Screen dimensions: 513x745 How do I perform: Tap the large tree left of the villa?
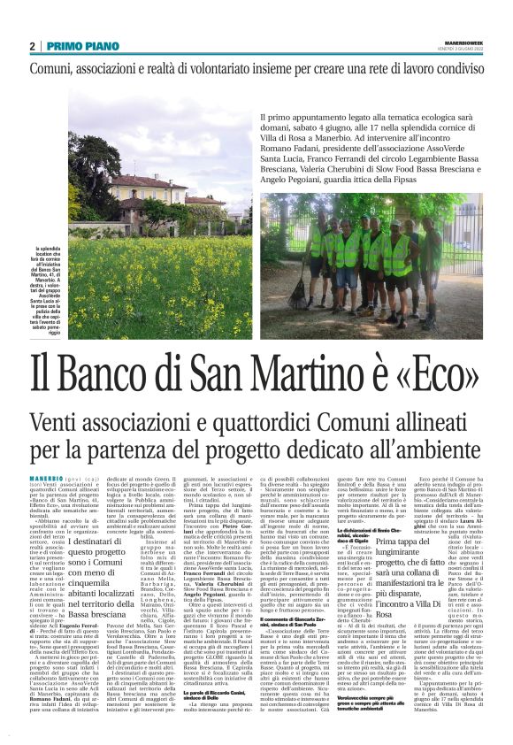click(88, 177)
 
